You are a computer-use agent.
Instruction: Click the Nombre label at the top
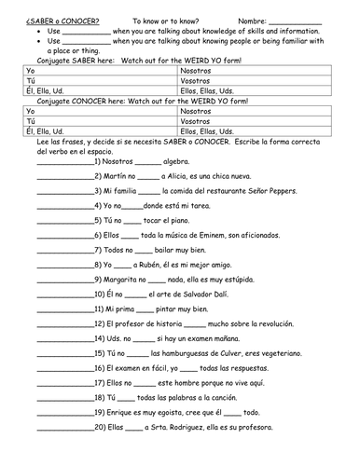pos(252,20)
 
